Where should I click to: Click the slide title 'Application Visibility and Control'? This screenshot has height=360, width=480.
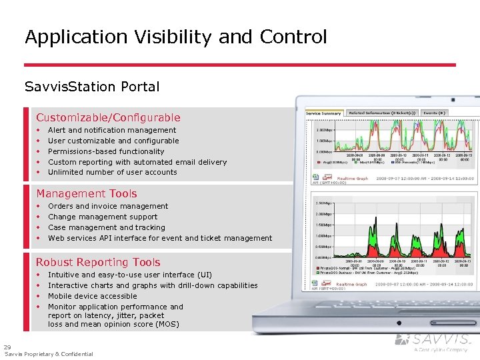176,37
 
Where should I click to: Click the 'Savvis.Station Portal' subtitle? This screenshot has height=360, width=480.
92,87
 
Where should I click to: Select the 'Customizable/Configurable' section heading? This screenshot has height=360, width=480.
108,117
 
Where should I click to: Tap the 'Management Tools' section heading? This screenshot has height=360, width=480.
87,193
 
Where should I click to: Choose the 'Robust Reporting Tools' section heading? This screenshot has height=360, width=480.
98,262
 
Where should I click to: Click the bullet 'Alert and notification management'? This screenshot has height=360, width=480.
112,130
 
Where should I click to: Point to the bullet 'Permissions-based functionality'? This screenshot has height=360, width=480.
106,151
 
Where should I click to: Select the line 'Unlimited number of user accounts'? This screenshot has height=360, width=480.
113,172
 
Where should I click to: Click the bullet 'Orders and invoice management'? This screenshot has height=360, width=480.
108,206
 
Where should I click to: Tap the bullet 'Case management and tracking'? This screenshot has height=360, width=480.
107,227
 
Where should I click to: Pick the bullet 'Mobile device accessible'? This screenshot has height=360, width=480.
93,296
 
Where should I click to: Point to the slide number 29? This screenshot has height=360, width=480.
7,347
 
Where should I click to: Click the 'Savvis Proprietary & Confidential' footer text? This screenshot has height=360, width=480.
49,354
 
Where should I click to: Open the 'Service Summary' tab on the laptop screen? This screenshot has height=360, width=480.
324,113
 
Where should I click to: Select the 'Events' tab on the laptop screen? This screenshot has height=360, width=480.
434,113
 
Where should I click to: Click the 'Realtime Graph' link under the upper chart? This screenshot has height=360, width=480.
352,179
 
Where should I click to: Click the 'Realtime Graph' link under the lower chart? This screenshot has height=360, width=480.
351,284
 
